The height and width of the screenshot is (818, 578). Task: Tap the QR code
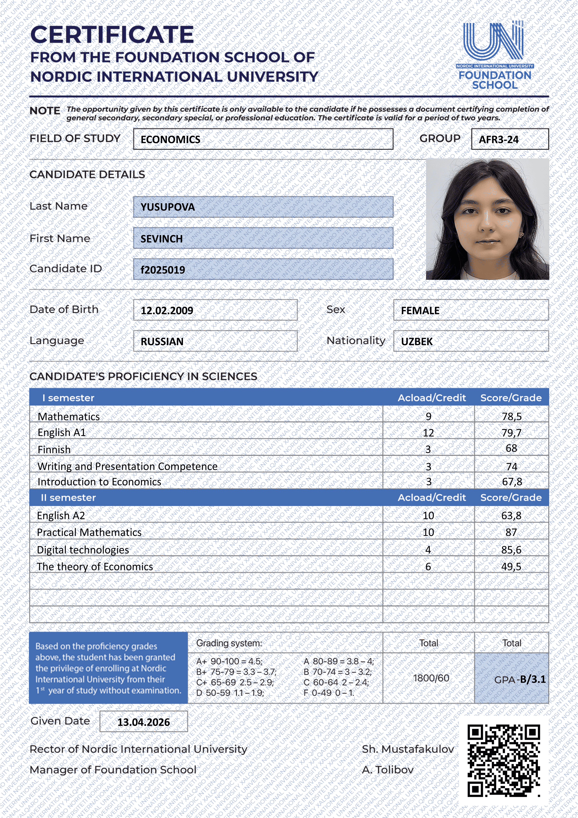pos(504,760)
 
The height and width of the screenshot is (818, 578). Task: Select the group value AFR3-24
pos(498,140)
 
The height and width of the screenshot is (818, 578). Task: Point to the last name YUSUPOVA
pos(167,207)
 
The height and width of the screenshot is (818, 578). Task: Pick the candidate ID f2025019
pos(163,270)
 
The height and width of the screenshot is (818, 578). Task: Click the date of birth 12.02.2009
pos(167,311)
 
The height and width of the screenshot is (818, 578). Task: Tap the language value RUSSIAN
pos(162,342)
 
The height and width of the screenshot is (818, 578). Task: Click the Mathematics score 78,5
pos(511,416)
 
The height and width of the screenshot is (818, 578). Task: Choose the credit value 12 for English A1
pos(428,433)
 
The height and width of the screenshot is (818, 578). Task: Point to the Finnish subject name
pos(54,450)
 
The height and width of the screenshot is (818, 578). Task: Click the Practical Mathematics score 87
pos(511,532)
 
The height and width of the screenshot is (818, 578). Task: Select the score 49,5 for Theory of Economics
pos(511,566)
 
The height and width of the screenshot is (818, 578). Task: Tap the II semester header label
pos(68,498)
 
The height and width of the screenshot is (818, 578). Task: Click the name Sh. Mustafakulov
pos(408,749)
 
